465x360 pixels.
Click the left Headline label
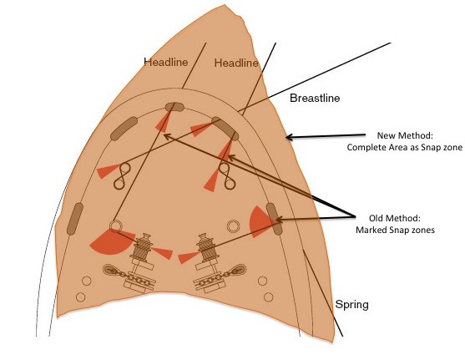click(x=166, y=62)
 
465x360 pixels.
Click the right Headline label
click(x=236, y=63)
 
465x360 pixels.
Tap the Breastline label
click(x=315, y=98)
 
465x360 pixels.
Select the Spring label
click(x=352, y=305)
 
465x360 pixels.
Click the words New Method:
click(x=405, y=135)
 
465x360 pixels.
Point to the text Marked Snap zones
click(x=396, y=230)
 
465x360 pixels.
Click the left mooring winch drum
click(x=144, y=246)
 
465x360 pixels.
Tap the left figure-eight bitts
click(x=122, y=176)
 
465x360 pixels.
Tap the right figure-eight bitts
click(x=227, y=176)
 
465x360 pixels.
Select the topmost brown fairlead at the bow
click(x=174, y=107)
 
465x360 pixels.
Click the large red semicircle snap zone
click(x=112, y=241)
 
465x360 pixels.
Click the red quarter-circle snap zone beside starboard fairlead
click(x=259, y=221)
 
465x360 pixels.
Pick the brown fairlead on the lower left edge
click(x=75, y=219)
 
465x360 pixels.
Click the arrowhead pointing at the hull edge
click(x=290, y=137)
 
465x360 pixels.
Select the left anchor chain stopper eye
click(x=109, y=270)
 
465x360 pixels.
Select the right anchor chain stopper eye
click(x=239, y=270)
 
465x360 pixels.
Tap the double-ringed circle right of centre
click(x=233, y=226)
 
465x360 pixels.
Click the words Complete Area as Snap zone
click(x=405, y=148)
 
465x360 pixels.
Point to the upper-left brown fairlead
click(x=124, y=129)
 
